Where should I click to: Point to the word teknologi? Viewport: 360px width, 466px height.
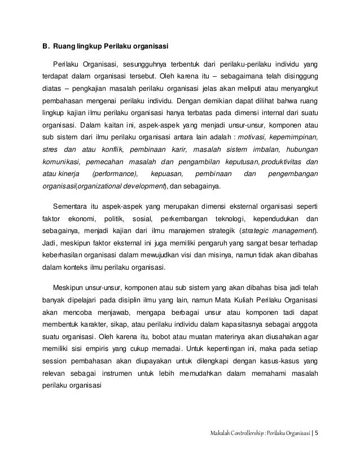pyautogui.click(x=227, y=218)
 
